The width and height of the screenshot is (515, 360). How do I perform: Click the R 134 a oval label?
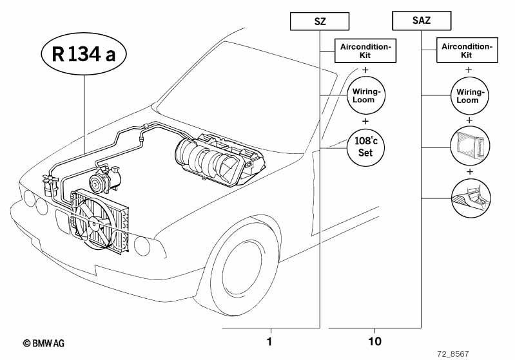[84, 53]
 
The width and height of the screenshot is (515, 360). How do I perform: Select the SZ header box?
[320, 21]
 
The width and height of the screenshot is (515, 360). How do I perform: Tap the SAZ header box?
[422, 21]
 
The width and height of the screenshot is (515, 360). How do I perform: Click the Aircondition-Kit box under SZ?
[365, 50]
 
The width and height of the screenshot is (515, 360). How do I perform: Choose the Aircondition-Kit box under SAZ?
[467, 50]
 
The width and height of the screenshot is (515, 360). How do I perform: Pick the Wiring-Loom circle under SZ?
[366, 95]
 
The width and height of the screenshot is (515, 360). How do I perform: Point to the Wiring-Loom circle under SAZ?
[470, 96]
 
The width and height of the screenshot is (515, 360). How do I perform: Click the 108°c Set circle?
[366, 147]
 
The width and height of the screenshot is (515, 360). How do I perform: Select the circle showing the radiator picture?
[471, 146]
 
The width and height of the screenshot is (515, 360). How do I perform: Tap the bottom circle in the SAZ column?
[471, 198]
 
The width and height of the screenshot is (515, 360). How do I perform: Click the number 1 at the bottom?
[269, 341]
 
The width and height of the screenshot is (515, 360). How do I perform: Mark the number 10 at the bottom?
[374, 341]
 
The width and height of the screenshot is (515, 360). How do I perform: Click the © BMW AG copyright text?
[44, 343]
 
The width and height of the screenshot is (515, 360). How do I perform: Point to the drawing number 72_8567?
[453, 354]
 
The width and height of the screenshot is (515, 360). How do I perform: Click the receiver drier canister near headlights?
[49, 186]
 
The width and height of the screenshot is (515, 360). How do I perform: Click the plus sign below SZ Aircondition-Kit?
[365, 70]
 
